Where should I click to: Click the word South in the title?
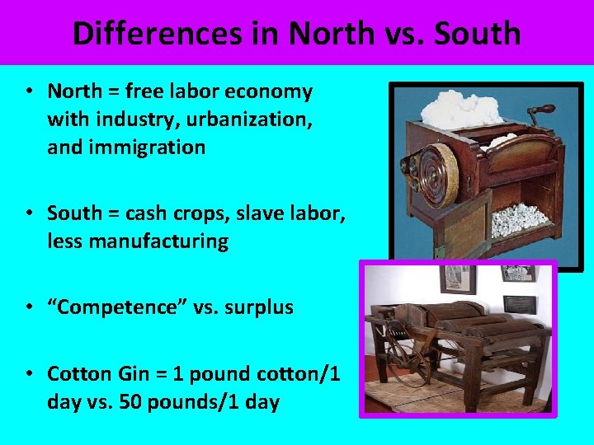[x=479, y=34]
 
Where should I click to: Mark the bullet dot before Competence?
[x=29, y=307]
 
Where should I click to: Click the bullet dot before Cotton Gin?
[x=29, y=374]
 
